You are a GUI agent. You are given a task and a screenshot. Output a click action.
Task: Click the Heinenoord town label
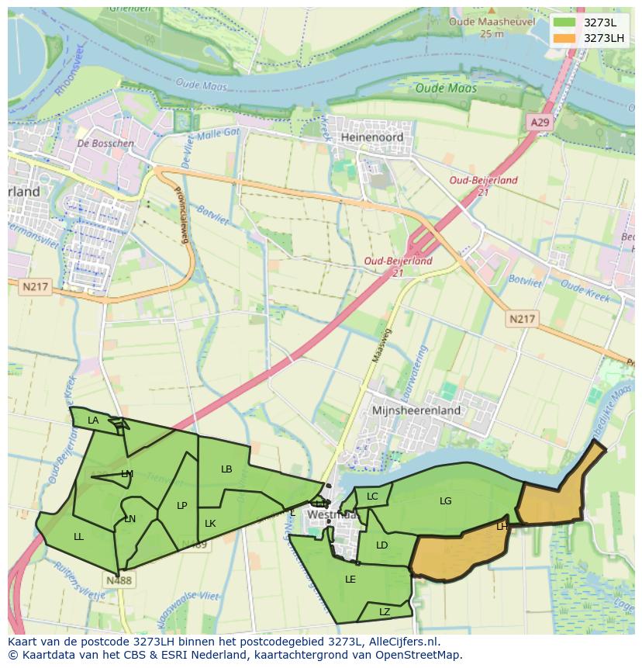371,137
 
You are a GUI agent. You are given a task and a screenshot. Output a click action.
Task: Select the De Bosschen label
106,144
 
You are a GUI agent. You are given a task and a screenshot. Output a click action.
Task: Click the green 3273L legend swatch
565,22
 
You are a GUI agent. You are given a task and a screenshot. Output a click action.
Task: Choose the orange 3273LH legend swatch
565,38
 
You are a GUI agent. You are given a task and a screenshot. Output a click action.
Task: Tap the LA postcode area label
93,421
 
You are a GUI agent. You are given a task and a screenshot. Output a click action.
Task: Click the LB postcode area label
226,469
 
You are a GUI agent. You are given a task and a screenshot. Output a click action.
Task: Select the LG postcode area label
445,501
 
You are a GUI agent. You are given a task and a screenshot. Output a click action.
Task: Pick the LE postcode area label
350,579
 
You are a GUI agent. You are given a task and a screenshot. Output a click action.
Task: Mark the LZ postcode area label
385,612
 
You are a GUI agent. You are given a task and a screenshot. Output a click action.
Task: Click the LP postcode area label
181,506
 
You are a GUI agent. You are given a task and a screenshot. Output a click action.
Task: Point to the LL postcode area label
78,536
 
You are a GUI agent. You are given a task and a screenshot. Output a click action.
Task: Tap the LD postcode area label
381,545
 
